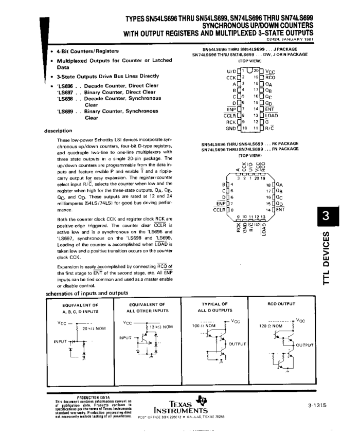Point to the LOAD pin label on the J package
click(272, 116)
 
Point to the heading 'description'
click(58, 130)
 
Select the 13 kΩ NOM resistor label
click(161, 326)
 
